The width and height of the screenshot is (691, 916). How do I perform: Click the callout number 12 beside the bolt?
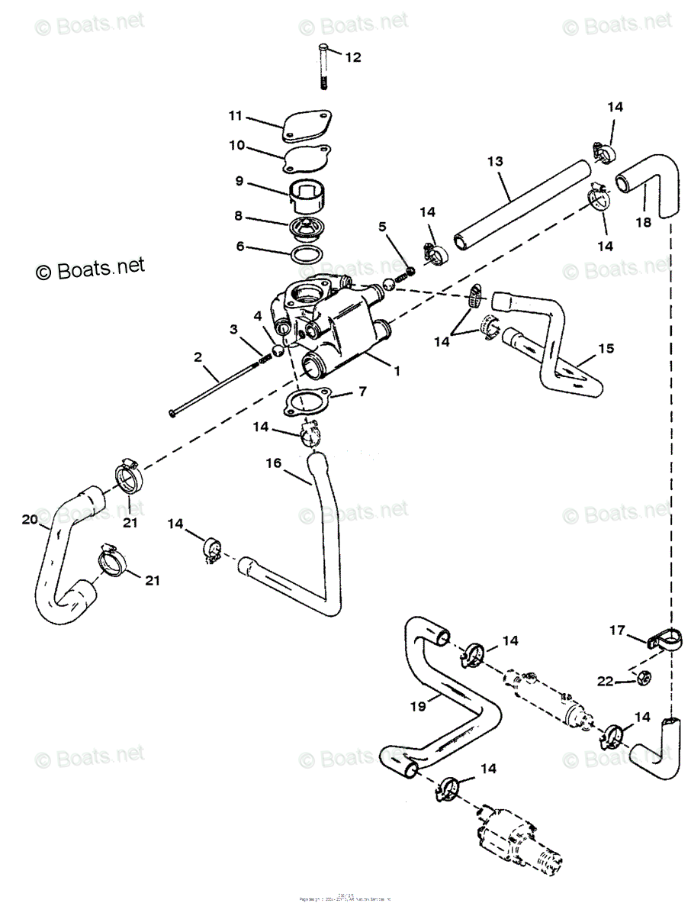(x=353, y=57)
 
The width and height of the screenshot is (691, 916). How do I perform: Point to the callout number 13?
(x=495, y=161)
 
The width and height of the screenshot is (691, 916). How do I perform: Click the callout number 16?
(x=274, y=463)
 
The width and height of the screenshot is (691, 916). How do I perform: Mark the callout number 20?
(x=30, y=519)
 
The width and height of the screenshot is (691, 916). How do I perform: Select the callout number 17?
(x=616, y=630)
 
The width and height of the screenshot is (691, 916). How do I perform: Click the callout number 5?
(x=382, y=226)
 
